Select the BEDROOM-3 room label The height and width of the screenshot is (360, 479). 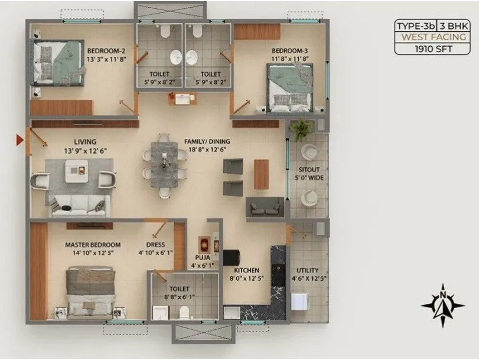coord(290,51)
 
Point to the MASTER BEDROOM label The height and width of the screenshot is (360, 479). coord(93,245)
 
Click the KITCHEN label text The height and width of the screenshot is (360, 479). coord(245,271)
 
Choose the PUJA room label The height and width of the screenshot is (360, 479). coord(203,258)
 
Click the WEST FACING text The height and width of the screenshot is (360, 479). coord(432,37)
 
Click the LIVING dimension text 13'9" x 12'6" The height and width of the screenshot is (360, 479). coord(85,151)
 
